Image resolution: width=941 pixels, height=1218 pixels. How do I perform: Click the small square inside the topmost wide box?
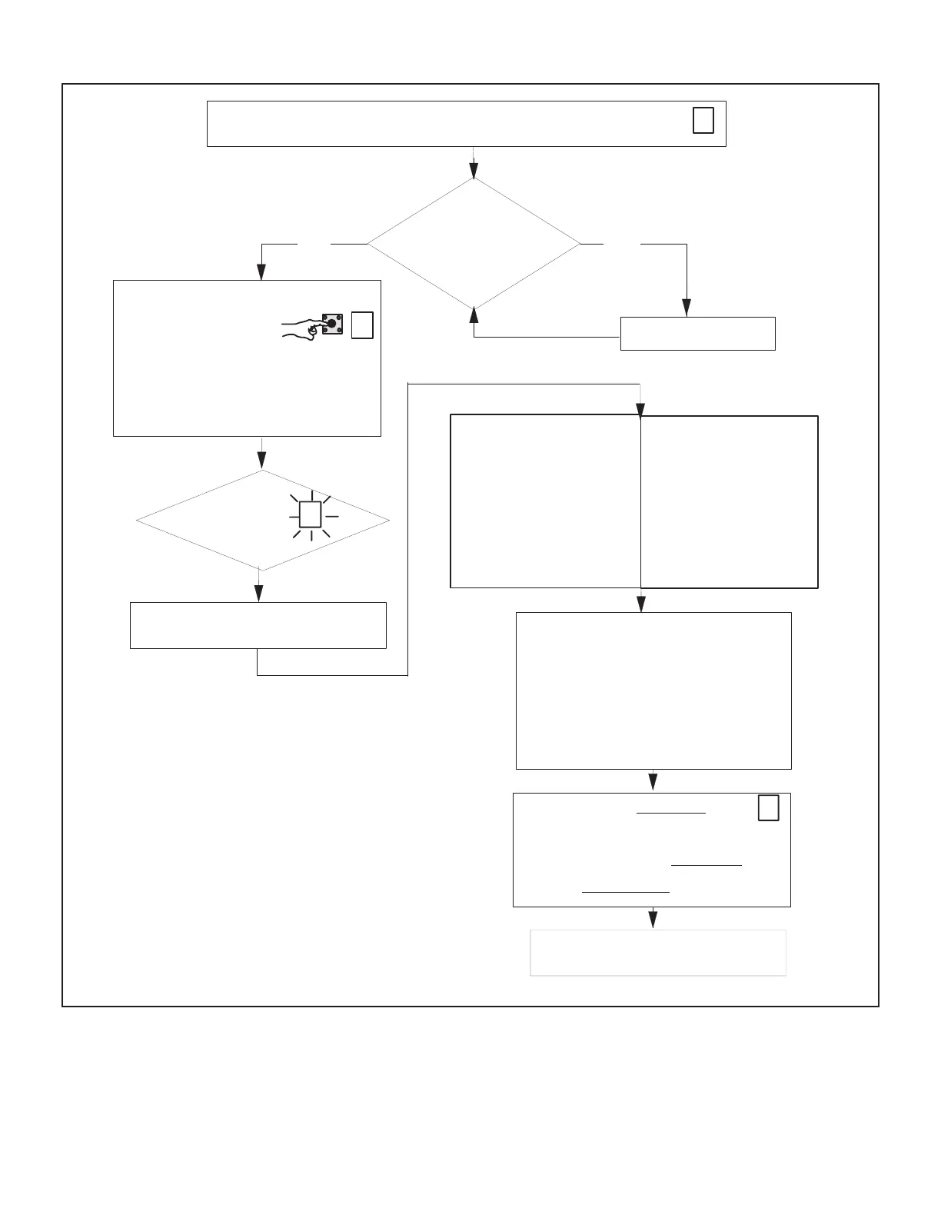(x=703, y=121)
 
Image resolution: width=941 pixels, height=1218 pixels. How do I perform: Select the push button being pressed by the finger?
(x=332, y=324)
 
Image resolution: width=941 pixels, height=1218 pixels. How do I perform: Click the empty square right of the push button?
(x=362, y=325)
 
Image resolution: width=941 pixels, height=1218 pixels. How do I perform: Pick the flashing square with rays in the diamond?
(x=310, y=514)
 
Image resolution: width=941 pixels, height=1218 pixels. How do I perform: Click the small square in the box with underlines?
(x=768, y=808)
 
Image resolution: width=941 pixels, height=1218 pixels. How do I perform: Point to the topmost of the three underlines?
(x=670, y=813)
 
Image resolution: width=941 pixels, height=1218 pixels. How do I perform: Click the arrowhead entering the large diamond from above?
(x=474, y=171)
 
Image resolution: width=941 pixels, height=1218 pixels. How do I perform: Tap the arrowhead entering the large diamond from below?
(x=474, y=315)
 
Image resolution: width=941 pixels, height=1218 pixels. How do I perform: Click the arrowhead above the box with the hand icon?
(x=261, y=272)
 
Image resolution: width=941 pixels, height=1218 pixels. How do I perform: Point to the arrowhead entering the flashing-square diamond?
(x=262, y=461)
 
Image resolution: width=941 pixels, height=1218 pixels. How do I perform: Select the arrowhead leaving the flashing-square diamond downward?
(x=259, y=594)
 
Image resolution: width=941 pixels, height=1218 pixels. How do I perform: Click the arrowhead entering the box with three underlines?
(x=653, y=783)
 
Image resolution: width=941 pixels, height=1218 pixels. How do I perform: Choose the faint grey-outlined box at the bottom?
(x=658, y=953)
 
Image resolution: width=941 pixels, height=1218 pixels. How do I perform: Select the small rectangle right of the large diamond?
(x=697, y=334)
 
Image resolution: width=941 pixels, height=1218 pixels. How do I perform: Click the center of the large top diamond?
(x=474, y=244)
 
